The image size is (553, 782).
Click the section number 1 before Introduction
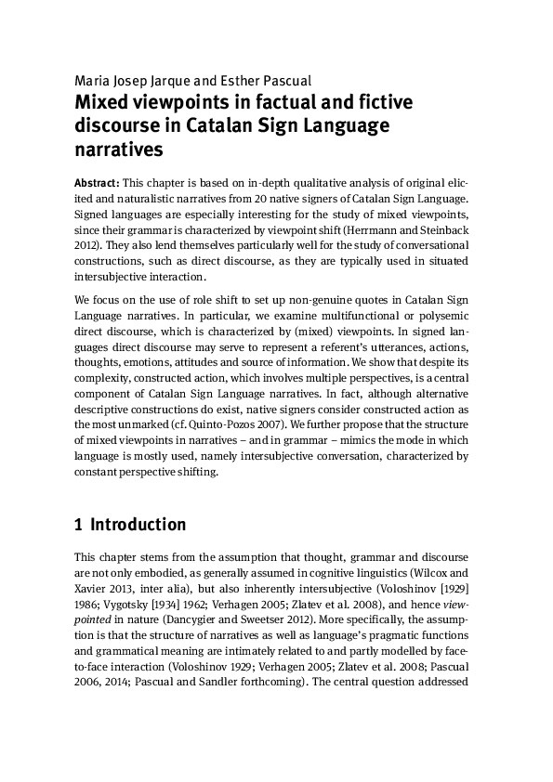point(77,525)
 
